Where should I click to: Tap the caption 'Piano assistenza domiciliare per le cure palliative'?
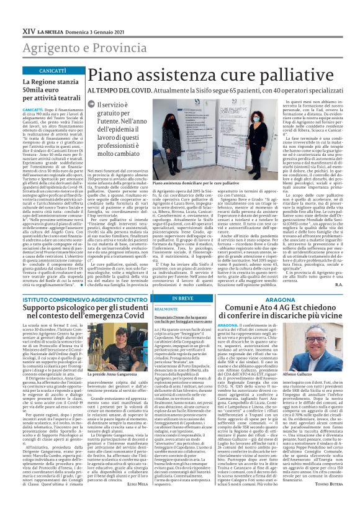[195, 184]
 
